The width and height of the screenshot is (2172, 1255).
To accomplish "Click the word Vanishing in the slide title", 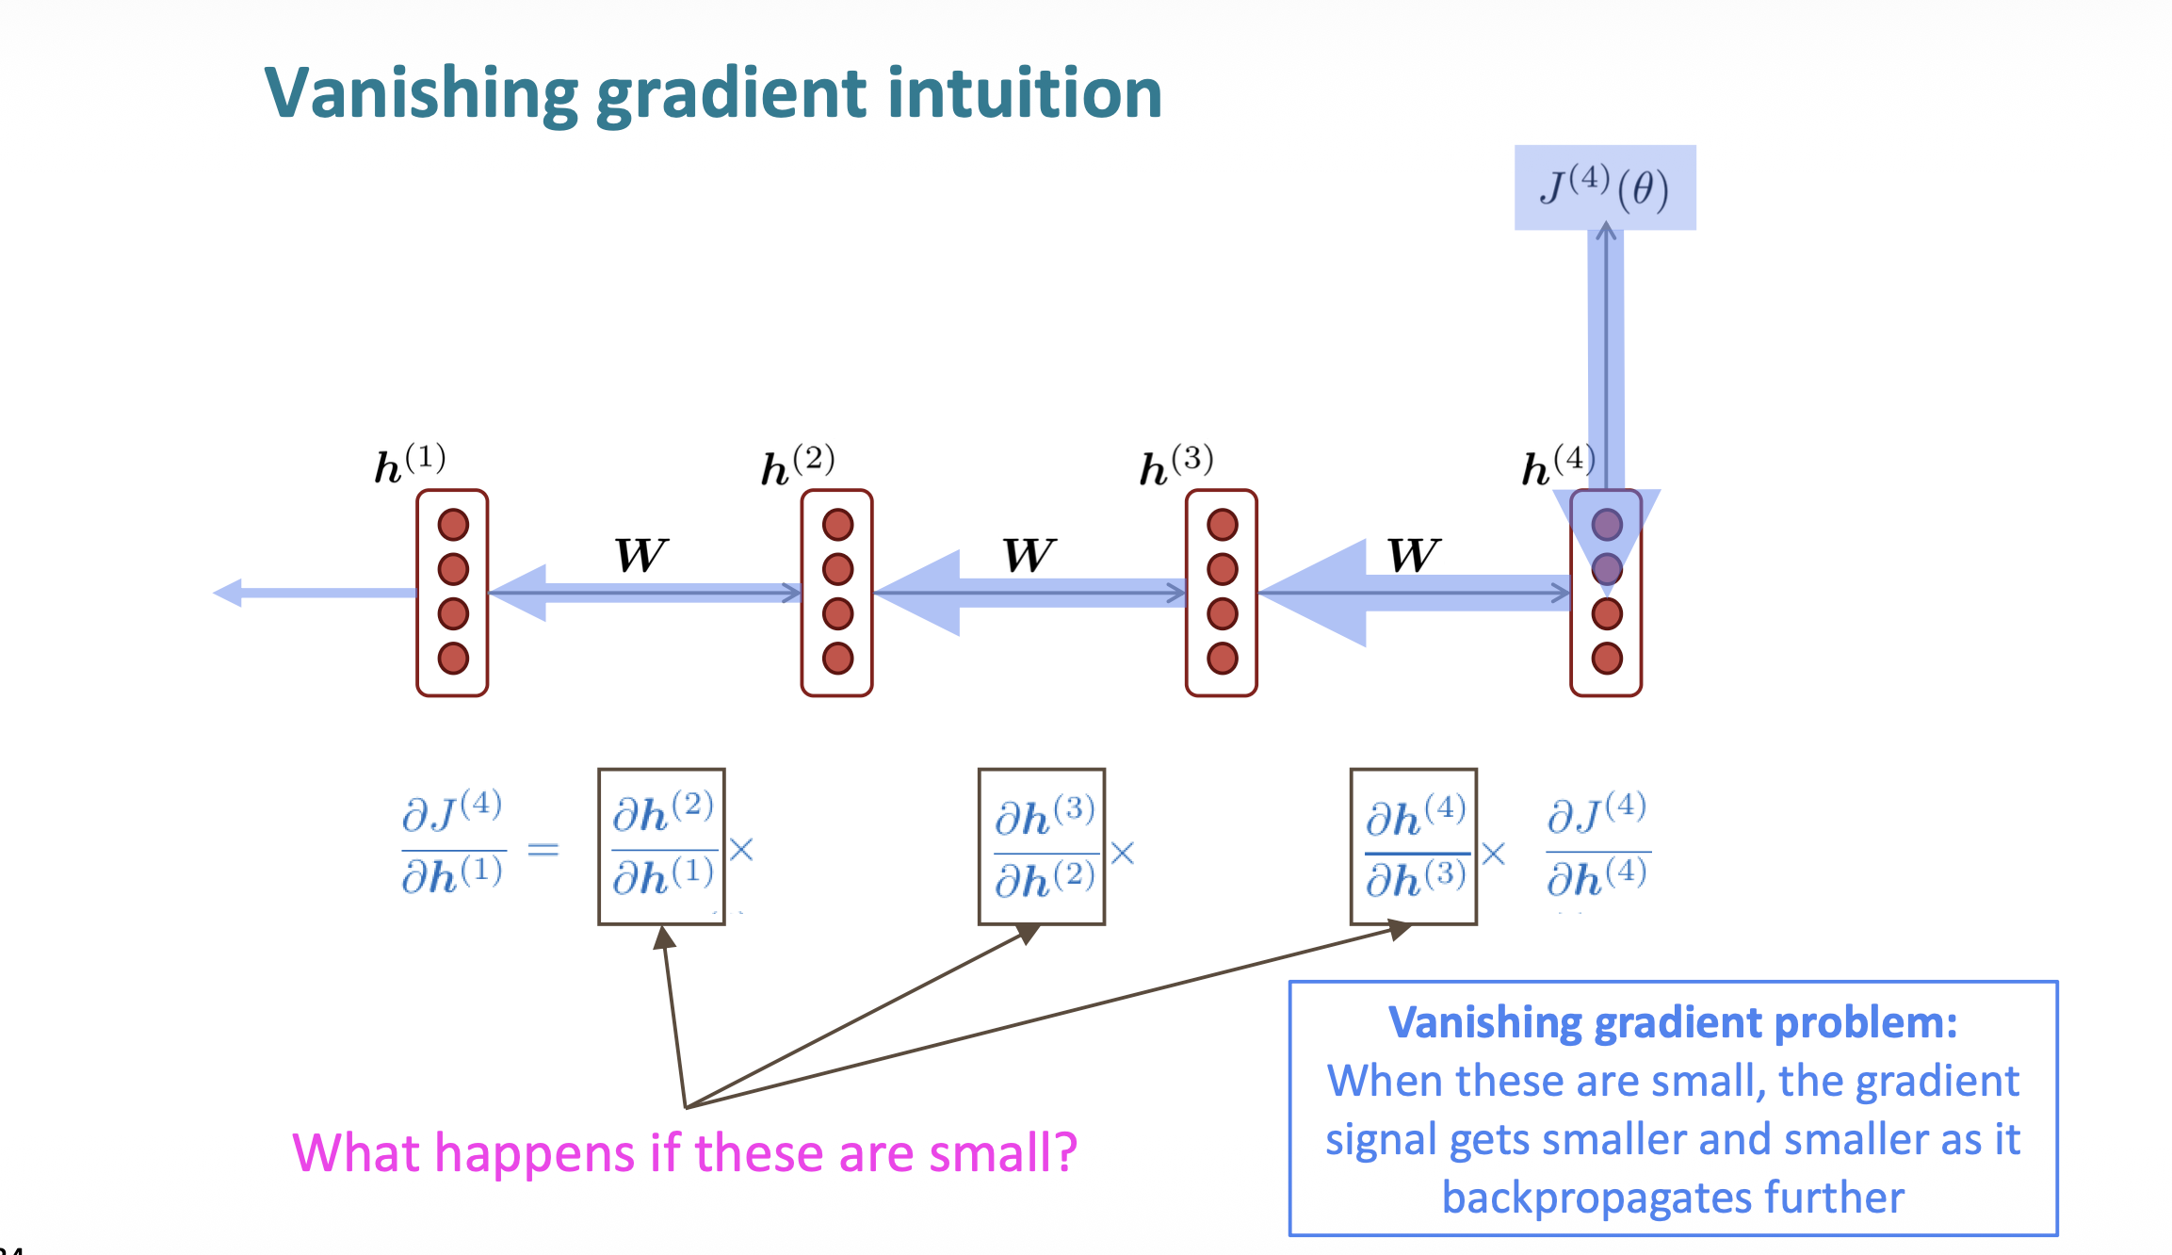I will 420,94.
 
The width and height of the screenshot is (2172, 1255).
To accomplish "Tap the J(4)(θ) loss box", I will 1605,187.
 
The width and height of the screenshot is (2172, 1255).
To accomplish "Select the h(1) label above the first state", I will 410,463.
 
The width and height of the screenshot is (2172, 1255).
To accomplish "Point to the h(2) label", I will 797,465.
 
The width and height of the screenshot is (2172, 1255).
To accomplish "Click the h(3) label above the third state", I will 1175,465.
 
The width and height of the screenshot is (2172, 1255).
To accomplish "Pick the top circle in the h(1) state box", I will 453,525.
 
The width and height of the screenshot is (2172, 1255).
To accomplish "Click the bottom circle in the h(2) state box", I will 837,658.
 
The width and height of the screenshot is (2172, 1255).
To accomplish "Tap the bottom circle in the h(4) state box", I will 1606,658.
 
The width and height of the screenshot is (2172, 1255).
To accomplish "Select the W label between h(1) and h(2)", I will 641,555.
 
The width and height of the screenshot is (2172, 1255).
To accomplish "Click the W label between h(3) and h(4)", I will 1414,555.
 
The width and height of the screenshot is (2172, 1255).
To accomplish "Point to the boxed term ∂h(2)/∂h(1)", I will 661,846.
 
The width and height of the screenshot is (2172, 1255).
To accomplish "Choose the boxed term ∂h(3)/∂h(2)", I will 1042,846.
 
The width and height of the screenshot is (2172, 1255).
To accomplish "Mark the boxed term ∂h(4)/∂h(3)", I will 1414,846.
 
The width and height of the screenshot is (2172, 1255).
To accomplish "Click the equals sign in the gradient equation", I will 543,850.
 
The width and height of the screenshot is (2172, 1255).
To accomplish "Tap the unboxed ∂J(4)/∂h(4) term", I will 1597,844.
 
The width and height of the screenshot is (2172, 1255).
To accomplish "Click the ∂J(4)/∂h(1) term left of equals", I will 452,844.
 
